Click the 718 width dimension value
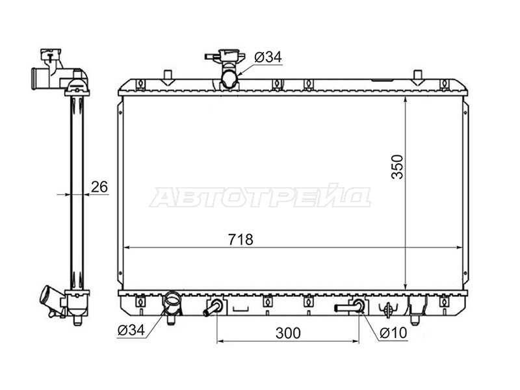click(240, 239)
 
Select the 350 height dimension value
click(397, 167)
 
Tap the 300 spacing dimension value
click(288, 333)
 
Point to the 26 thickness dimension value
click(99, 187)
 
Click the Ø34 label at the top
click(268, 57)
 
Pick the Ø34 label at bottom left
click(131, 330)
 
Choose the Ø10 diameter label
click(393, 333)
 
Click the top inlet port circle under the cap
click(229, 79)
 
